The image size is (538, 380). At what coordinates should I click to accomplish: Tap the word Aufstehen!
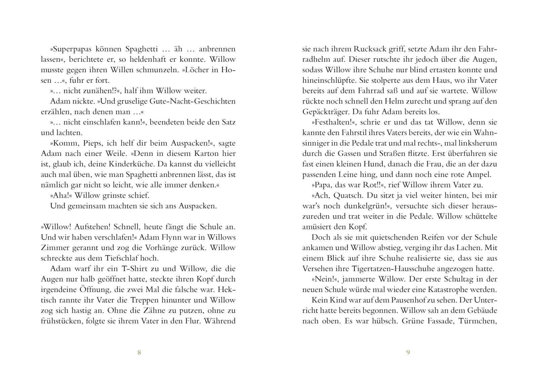[x=92, y=227]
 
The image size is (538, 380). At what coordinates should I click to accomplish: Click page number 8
[x=139, y=352]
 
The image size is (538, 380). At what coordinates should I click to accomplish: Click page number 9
[x=408, y=352]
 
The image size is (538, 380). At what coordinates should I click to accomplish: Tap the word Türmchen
[x=477, y=321]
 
